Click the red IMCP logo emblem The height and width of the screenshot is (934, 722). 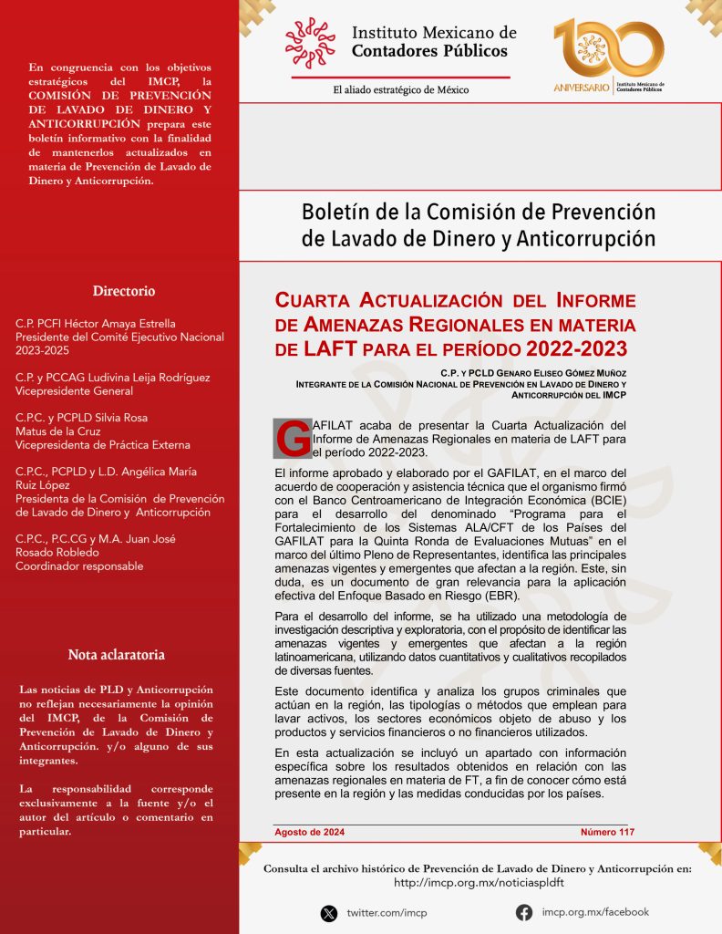[310, 42]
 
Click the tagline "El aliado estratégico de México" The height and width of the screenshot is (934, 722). [401, 89]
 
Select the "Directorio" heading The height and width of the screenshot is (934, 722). [123, 291]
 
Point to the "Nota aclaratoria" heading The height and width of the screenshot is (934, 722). [117, 655]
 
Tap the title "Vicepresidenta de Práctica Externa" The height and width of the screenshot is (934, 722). [103, 444]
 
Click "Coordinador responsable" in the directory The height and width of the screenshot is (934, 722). [79, 566]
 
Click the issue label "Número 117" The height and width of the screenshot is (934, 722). [607, 832]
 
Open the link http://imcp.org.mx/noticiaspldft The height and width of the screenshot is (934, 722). [478, 883]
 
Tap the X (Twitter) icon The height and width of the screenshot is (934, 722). [328, 912]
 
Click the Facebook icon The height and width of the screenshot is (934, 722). [524, 912]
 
